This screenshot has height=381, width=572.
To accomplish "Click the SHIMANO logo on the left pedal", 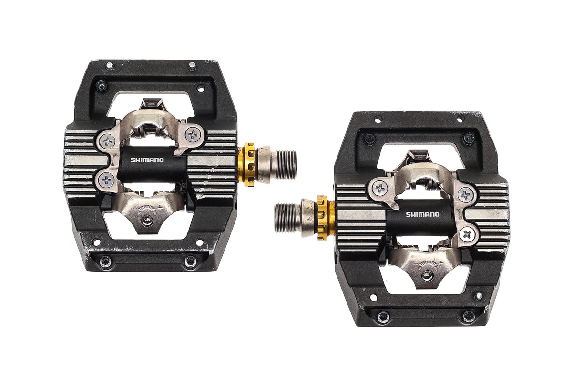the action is coord(147,160).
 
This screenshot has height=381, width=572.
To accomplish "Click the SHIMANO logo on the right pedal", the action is coord(423,214).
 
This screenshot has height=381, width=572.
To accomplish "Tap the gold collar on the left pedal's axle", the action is coord(247,164).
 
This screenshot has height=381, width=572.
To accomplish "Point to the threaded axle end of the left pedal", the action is coord(284,165).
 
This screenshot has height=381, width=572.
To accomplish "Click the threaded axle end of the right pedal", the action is coord(288,218).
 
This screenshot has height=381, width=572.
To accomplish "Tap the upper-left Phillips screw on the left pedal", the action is coord(108,141).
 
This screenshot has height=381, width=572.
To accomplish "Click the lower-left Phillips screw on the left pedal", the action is coord(107,180).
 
